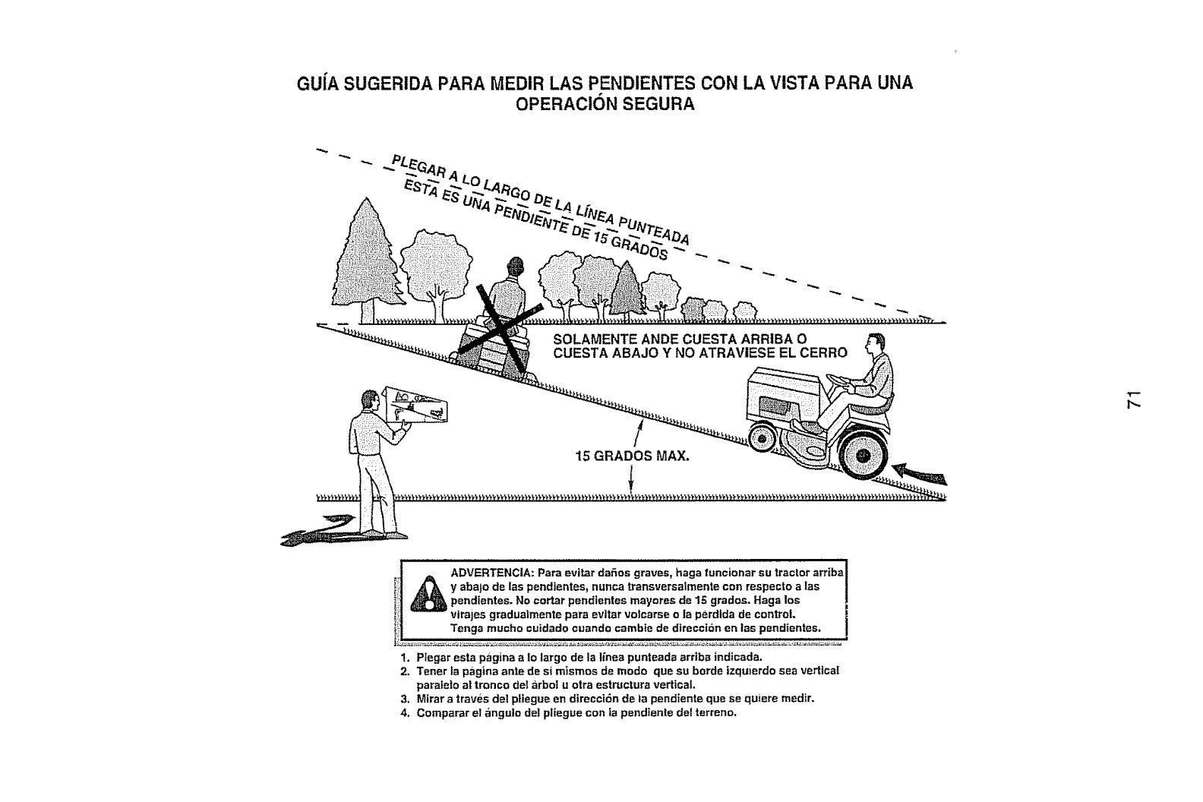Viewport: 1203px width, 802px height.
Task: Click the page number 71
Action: tap(1134, 400)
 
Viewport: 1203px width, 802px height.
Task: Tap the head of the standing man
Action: tap(370, 401)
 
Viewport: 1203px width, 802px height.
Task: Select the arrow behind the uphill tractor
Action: tap(920, 472)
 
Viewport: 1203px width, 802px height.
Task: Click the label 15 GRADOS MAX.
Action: tap(632, 457)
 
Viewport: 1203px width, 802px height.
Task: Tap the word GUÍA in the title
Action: tap(316, 84)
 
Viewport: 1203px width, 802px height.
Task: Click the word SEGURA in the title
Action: tap(658, 105)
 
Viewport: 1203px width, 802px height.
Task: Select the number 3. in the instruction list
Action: tap(405, 698)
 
